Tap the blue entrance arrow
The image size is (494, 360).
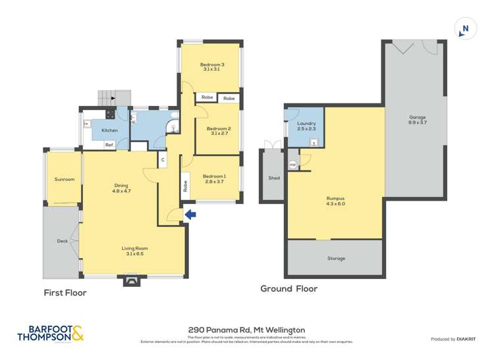190,214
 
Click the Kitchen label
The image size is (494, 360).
109,130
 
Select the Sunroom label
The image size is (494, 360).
64,179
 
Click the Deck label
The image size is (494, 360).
62,241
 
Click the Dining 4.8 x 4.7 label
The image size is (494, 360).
120,188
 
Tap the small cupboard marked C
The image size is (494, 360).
162,159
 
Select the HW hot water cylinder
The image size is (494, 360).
292,165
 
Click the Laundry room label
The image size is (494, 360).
306,126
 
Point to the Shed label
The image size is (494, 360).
273,178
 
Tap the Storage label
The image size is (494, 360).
336,259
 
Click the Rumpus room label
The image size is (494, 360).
335,201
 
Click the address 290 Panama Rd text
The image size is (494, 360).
246,330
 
